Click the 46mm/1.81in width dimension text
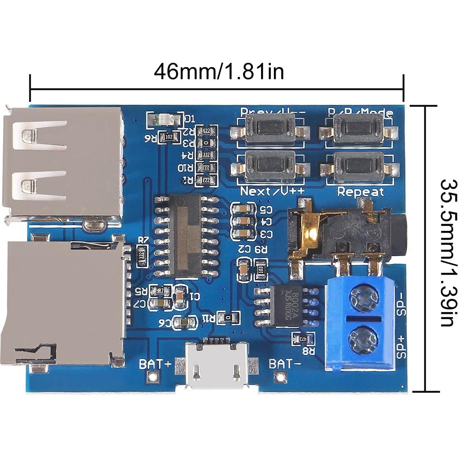click(219, 71)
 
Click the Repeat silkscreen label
click(360, 192)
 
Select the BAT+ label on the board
click(155, 364)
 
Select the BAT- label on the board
click(285, 364)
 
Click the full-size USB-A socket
click(64, 162)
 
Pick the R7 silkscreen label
click(143, 240)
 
